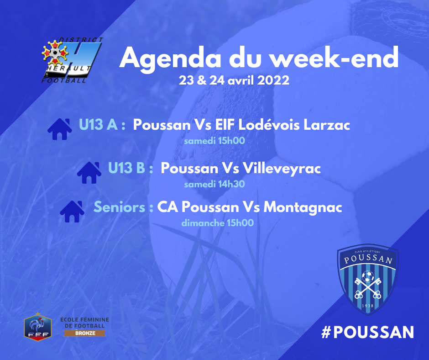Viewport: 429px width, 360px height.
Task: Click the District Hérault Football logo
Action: pyautogui.click(x=72, y=60)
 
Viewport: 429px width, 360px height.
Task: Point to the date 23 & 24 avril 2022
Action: pyautogui.click(x=234, y=80)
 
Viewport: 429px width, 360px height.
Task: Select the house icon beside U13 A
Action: pyautogui.click(x=60, y=129)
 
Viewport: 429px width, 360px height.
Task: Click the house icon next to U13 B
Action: pyautogui.click(x=89, y=173)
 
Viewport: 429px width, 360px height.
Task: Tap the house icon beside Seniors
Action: pyautogui.click(x=72, y=211)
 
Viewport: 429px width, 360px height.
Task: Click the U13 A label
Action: pyautogui.click(x=102, y=125)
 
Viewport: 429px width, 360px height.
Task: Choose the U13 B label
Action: pyautogui.click(x=131, y=168)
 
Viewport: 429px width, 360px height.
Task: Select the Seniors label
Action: pyautogui.click(x=123, y=207)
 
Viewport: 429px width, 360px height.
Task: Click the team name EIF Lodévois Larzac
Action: pyautogui.click(x=283, y=125)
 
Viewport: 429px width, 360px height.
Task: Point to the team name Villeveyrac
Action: pyautogui.click(x=282, y=168)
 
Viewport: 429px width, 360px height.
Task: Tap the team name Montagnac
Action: pyautogui.click(x=303, y=207)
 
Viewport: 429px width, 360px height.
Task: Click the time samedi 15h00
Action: pyautogui.click(x=214, y=141)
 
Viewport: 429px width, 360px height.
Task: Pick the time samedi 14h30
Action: pyautogui.click(x=214, y=184)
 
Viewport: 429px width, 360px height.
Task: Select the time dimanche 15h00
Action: pyautogui.click(x=218, y=223)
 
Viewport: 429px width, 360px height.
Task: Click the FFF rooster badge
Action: pyautogui.click(x=38, y=326)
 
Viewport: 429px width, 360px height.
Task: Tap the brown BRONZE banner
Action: pyautogui.click(x=85, y=333)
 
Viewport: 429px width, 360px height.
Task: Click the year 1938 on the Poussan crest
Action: pyautogui.click(x=368, y=306)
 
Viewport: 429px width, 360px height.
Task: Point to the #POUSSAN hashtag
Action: pyautogui.click(x=367, y=332)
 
